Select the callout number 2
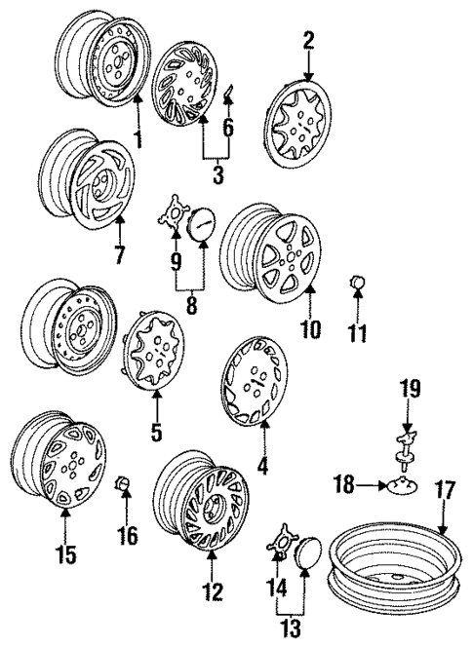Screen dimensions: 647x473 308,40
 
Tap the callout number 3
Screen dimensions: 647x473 217,175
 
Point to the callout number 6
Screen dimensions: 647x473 230,127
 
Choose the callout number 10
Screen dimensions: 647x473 309,328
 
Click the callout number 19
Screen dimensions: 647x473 409,390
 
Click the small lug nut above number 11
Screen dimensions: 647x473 357,285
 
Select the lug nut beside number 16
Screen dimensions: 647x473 124,483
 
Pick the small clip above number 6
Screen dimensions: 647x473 227,94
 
